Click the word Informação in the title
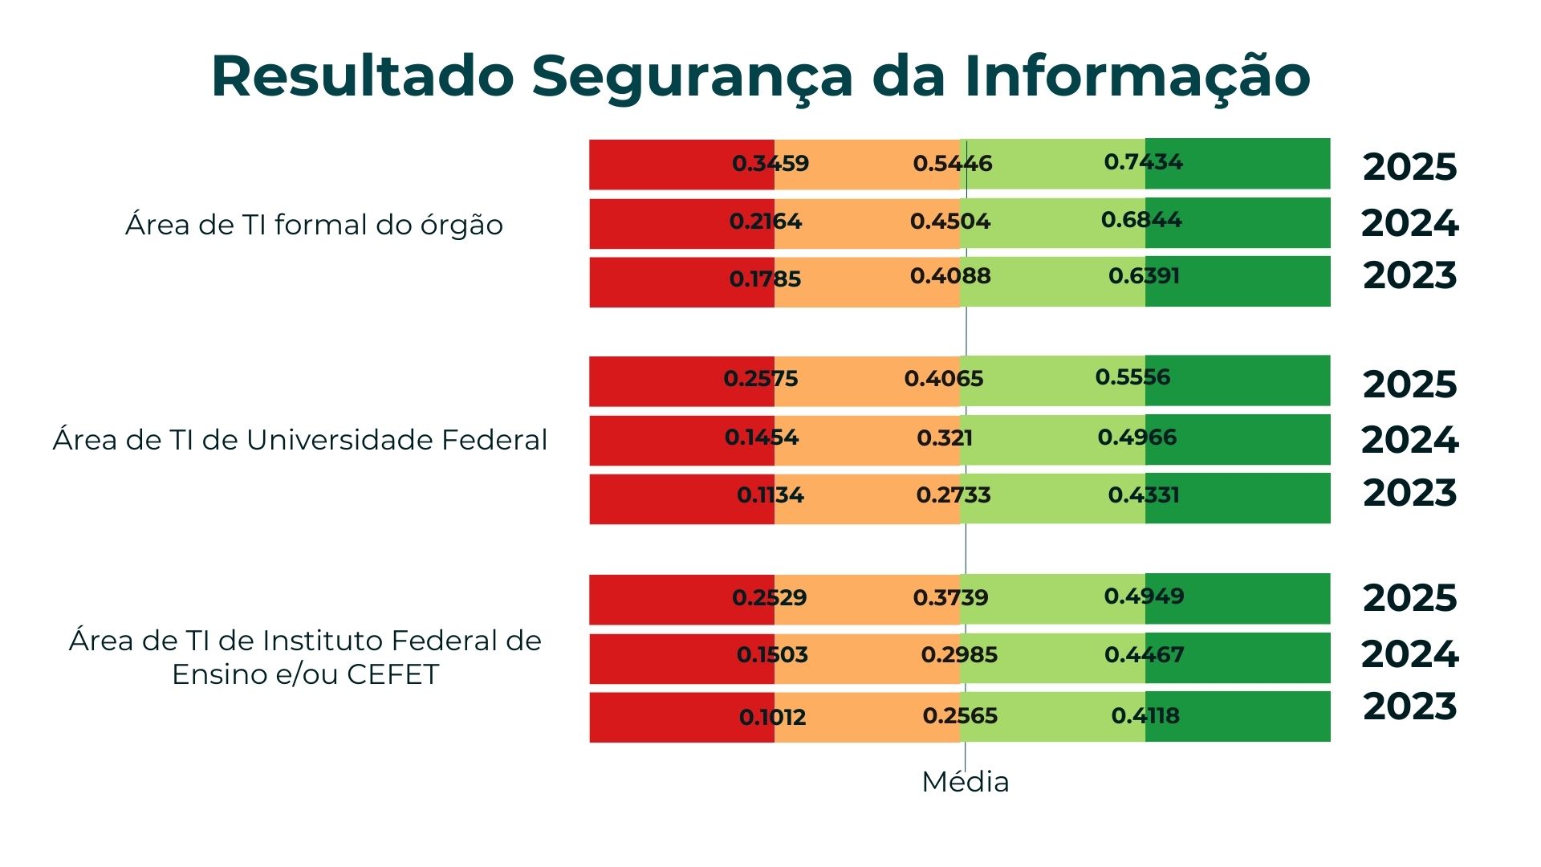1136,78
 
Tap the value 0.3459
770,164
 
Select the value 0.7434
1143,162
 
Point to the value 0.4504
950,222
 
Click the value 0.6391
1144,276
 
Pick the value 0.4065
944,379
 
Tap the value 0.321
945,438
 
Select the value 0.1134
770,495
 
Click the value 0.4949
1144,596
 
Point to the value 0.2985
959,655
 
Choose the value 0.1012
772,717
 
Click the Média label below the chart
965,782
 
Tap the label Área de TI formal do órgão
314,225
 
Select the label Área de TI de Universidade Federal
300,440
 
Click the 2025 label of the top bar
1409,167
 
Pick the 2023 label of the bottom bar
1409,706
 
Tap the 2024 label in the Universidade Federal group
1409,440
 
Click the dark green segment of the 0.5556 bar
1252,381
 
